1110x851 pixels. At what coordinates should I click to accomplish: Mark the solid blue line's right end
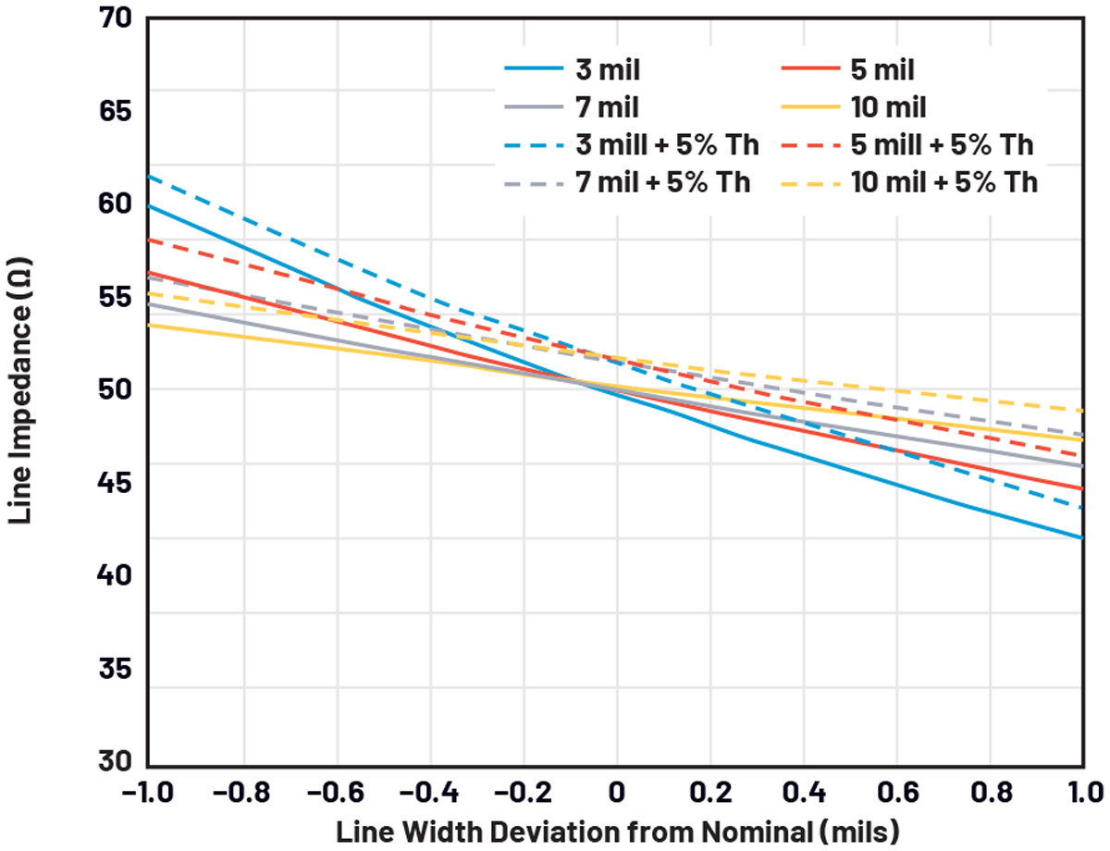point(1082,537)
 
